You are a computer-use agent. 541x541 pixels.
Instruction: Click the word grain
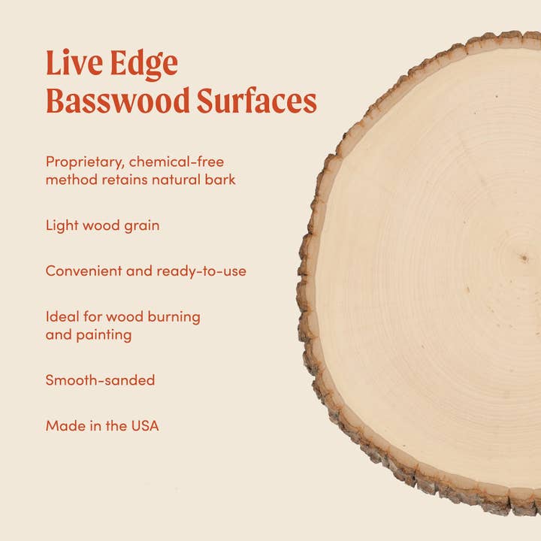141,225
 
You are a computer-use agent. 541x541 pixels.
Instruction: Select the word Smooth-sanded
100,380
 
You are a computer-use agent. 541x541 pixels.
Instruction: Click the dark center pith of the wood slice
524,259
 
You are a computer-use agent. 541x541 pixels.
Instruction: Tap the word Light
61,225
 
